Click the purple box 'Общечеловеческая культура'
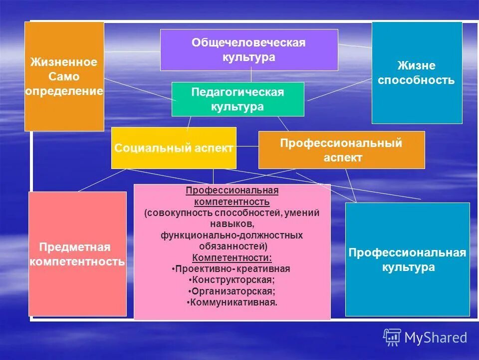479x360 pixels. click(x=248, y=49)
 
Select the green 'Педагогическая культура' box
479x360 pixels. click(x=238, y=99)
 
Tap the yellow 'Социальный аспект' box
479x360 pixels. click(x=174, y=148)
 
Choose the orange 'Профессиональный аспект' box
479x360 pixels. click(x=341, y=150)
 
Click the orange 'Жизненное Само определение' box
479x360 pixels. click(x=64, y=76)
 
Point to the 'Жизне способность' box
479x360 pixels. click(x=417, y=73)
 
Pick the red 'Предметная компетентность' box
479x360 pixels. click(x=77, y=254)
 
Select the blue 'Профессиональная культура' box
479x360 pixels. click(x=408, y=259)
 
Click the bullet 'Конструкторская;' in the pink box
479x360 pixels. click(x=232, y=280)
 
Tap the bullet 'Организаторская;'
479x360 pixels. click(x=232, y=291)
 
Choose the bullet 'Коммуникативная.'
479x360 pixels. click(x=232, y=302)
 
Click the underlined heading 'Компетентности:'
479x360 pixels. click(x=232, y=258)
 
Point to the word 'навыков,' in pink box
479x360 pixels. click(x=232, y=224)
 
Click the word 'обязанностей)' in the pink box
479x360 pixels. click(x=232, y=246)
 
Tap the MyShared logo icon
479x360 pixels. click(x=392, y=337)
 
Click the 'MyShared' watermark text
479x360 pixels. click(x=436, y=338)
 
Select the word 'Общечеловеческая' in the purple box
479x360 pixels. click(x=248, y=43)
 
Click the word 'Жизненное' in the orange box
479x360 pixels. click(x=63, y=62)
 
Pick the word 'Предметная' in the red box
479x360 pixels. click(x=74, y=247)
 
